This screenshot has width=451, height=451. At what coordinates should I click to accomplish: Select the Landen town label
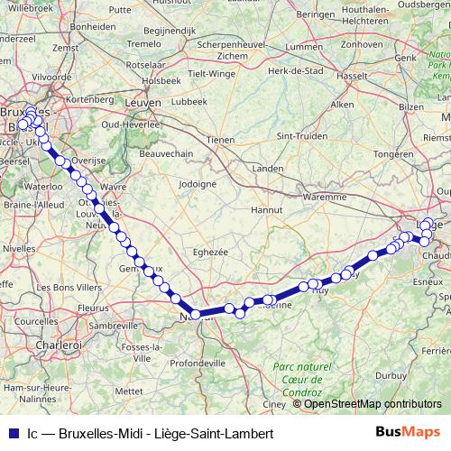[x=268, y=168]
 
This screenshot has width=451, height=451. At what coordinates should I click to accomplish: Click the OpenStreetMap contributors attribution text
[x=373, y=404]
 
